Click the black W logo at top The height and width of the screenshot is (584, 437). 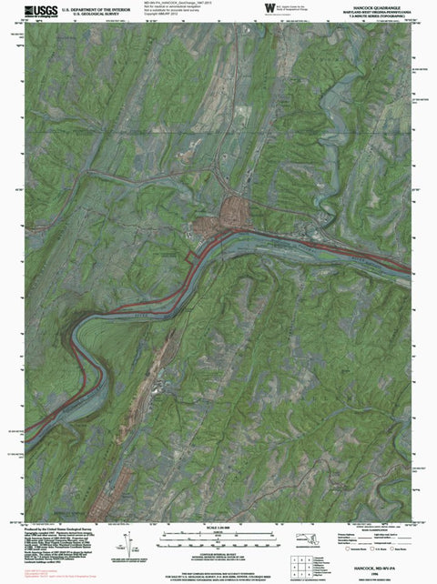pyautogui.click(x=268, y=8)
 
